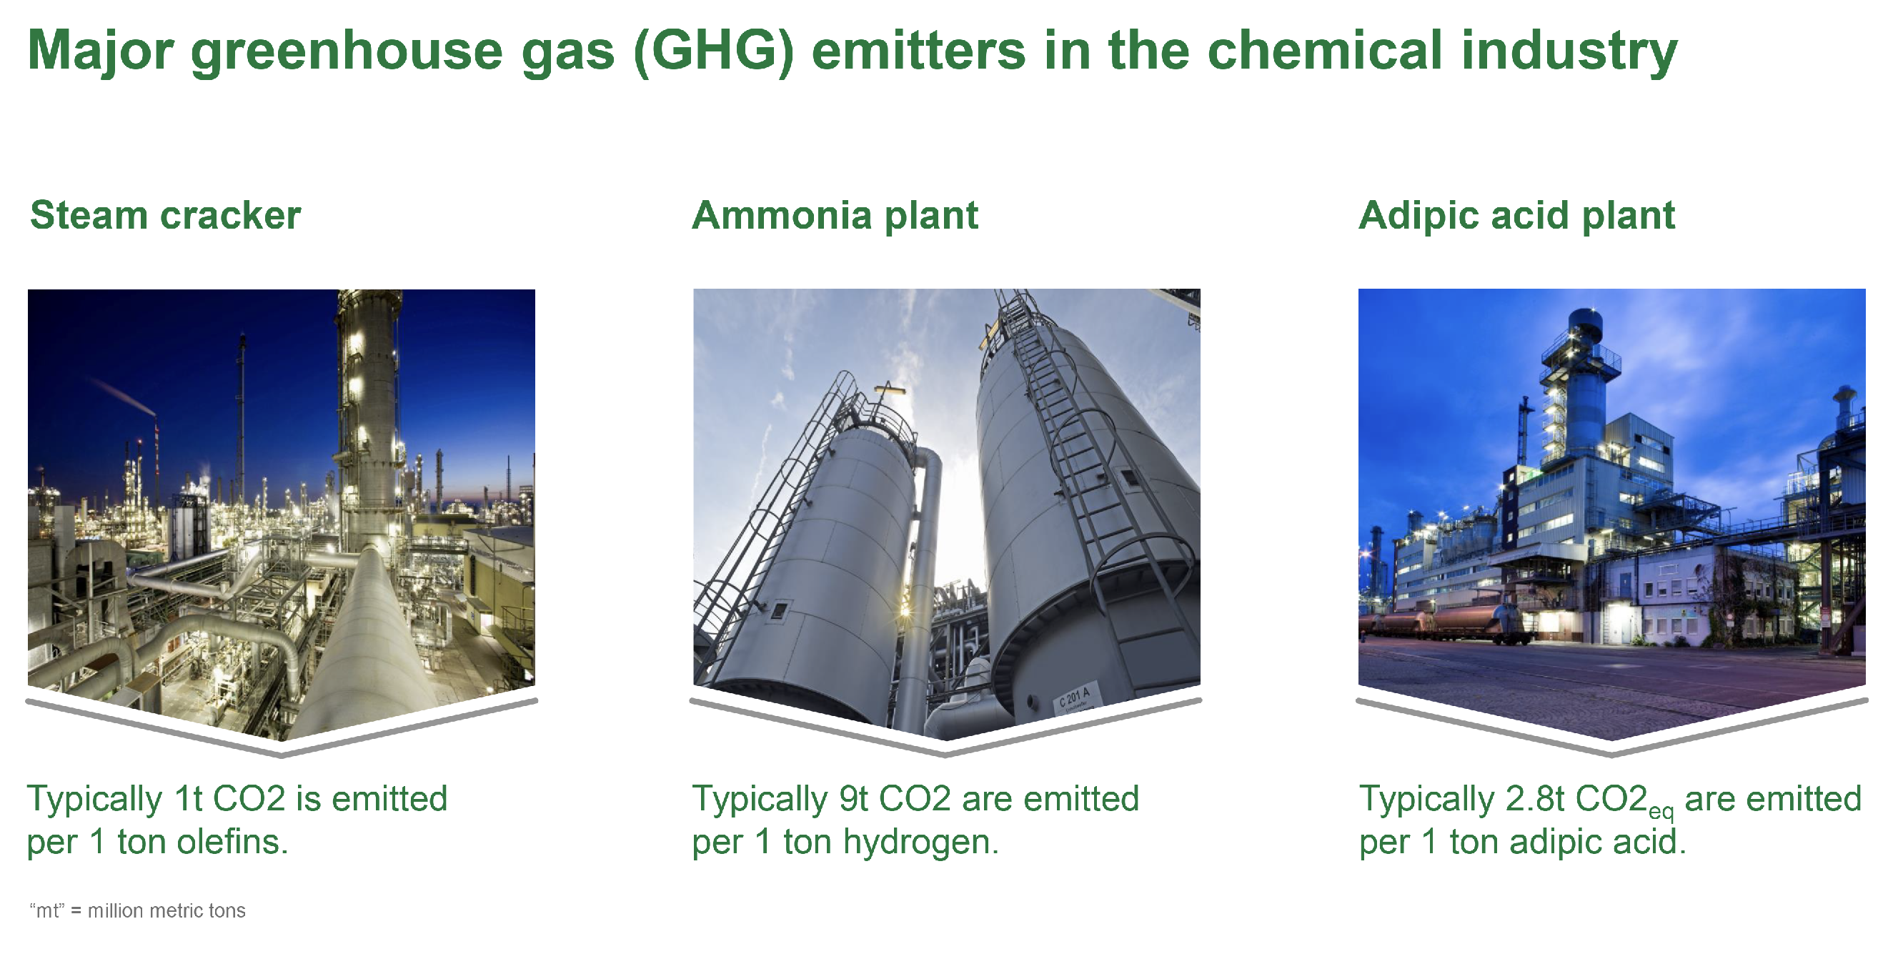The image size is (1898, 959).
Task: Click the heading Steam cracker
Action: coord(165,216)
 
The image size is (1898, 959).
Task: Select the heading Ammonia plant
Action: coord(834,216)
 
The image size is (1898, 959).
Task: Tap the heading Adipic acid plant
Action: coord(1516,216)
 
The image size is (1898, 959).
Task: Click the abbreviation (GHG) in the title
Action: coord(712,51)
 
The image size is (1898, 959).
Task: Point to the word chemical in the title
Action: coord(1324,51)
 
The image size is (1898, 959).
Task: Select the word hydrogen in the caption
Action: coord(920,842)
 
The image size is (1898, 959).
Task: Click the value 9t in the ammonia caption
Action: coord(853,798)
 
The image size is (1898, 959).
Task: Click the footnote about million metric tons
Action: coord(138,910)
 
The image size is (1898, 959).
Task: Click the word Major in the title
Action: coord(99,51)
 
